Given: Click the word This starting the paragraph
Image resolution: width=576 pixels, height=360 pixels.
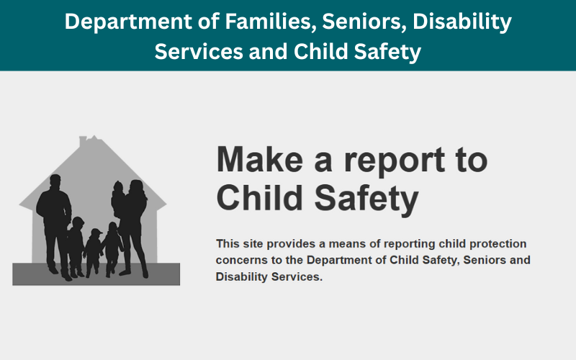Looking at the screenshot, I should tap(228, 244).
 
